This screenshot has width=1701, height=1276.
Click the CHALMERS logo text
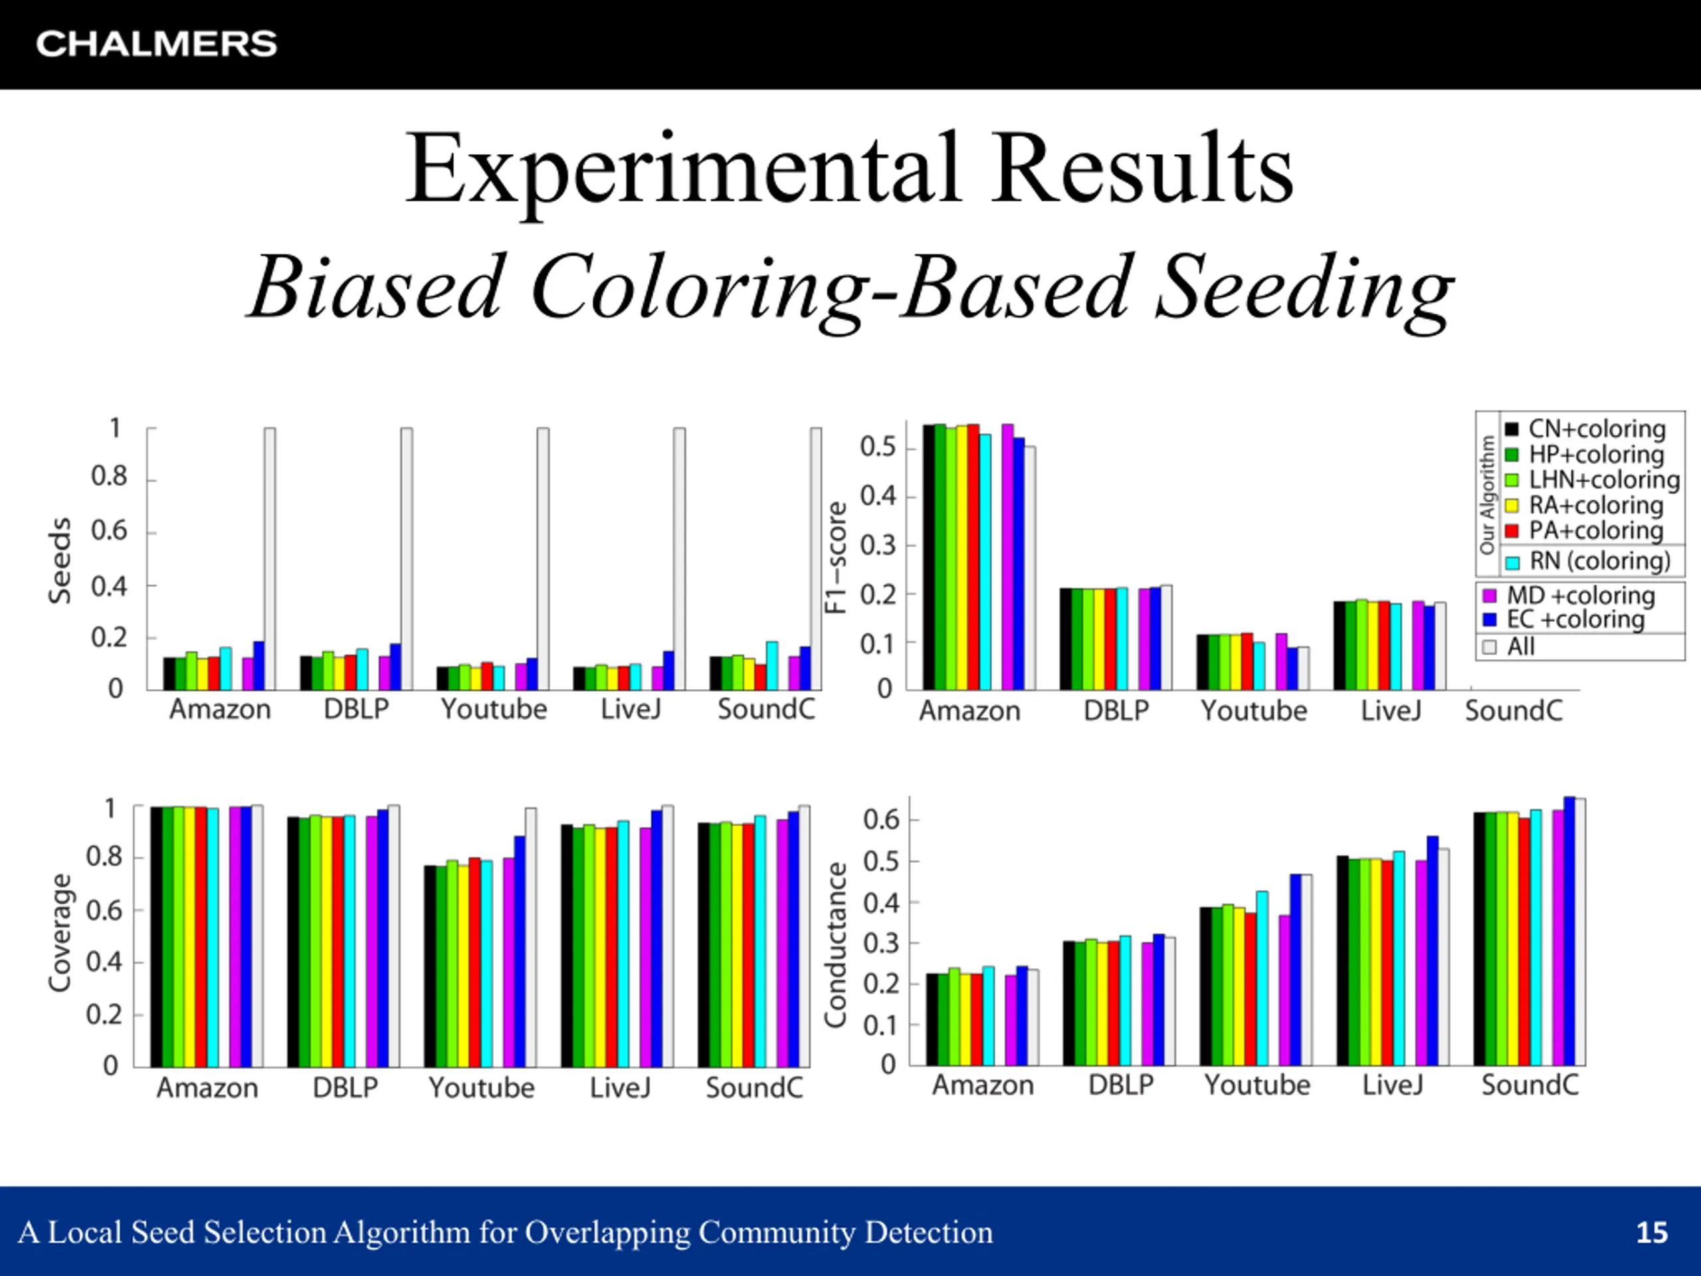pos(156,44)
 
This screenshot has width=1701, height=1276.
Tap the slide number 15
pos(1652,1232)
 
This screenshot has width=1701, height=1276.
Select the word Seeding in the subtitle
pos(1304,288)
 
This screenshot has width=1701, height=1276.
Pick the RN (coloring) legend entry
pos(1599,561)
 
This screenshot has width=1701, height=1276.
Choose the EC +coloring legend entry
pos(1575,619)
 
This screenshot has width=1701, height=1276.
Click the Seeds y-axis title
pos(60,560)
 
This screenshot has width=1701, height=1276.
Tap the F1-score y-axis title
pos(837,557)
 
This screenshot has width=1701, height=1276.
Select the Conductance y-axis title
pos(836,944)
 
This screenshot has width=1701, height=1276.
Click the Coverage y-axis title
pos(60,932)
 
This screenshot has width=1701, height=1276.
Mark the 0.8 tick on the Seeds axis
pos(109,477)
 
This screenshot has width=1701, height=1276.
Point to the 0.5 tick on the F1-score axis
pos(878,447)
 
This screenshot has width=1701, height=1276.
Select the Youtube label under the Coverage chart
pos(481,1087)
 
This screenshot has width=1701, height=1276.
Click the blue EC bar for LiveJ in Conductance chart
pos(1433,950)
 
